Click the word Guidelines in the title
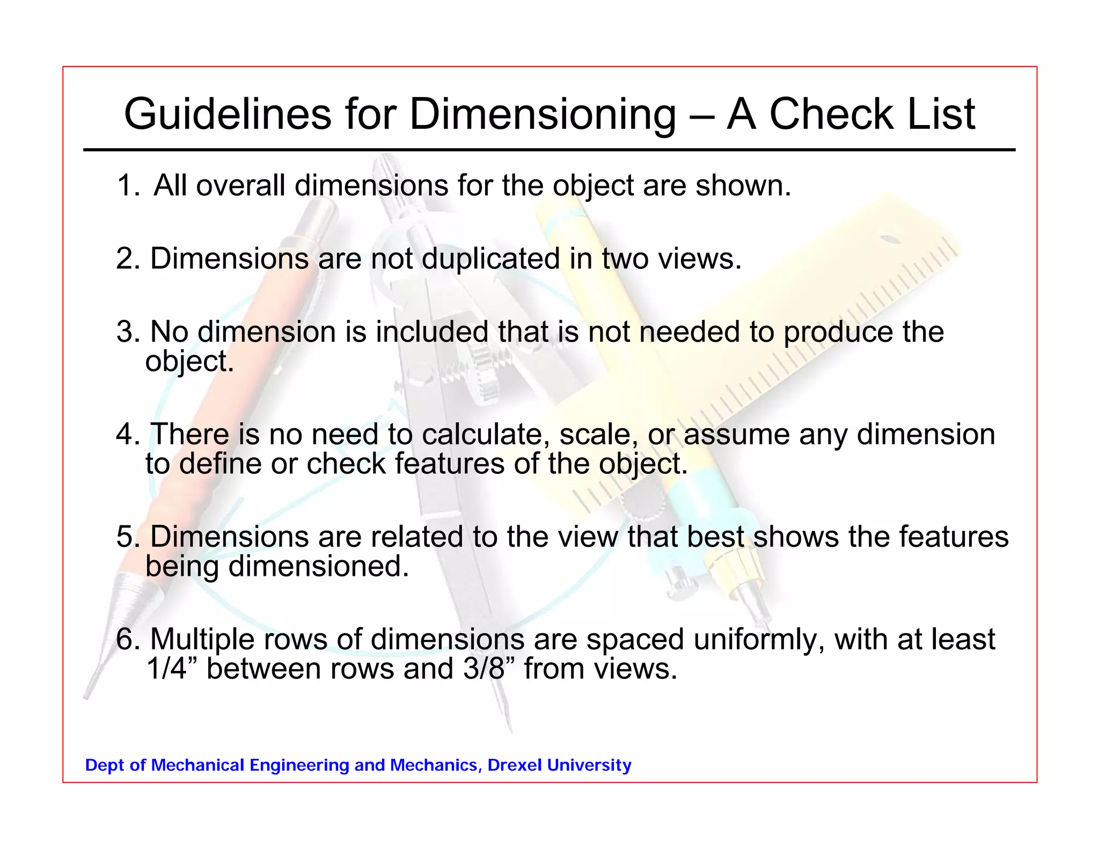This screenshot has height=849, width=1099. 228,114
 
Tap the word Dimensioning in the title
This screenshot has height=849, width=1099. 543,114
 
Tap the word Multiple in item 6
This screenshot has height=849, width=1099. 201,640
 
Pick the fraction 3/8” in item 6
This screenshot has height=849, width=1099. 488,669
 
